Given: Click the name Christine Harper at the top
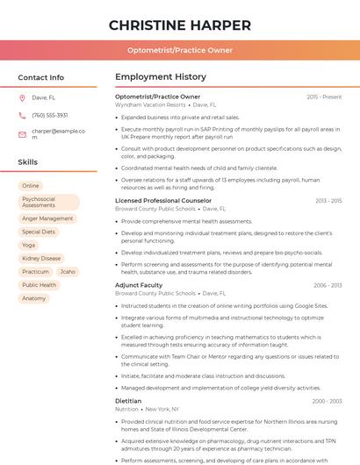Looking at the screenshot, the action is [180, 25].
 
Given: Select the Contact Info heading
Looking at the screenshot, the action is [41, 77].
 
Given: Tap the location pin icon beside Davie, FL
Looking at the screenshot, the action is [22, 98].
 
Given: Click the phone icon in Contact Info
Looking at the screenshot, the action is [22, 115].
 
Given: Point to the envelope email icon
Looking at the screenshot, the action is [22, 134].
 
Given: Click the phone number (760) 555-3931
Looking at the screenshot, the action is [50, 115].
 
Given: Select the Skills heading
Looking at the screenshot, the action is [28, 162].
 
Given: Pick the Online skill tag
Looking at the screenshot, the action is [31, 186].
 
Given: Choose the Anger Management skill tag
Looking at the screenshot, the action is [47, 218].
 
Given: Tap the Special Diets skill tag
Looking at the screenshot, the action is [39, 232].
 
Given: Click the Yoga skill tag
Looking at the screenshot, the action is [29, 245].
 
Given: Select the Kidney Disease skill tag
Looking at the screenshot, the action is [41, 259].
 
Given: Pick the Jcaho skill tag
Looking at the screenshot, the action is [68, 272].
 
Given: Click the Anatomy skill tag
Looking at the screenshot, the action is [34, 298].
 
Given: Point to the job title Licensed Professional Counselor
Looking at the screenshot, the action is [163, 201].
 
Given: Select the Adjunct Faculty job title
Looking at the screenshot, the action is [139, 285].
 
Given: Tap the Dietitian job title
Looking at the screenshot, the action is [128, 401].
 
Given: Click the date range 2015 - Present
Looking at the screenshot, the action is [324, 97].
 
